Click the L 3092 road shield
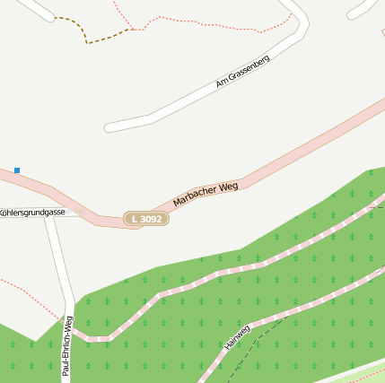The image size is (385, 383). [x=145, y=219]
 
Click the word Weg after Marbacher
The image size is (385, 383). [x=227, y=186]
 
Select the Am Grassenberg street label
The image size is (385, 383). [x=242, y=71]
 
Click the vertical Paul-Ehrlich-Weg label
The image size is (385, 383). [x=66, y=348]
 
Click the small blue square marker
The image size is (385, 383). [x=16, y=170]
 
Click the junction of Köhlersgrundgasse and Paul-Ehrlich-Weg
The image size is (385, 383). [x=52, y=213]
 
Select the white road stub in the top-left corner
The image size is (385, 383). [x=36, y=8]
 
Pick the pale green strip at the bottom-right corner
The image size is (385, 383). [x=359, y=372]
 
